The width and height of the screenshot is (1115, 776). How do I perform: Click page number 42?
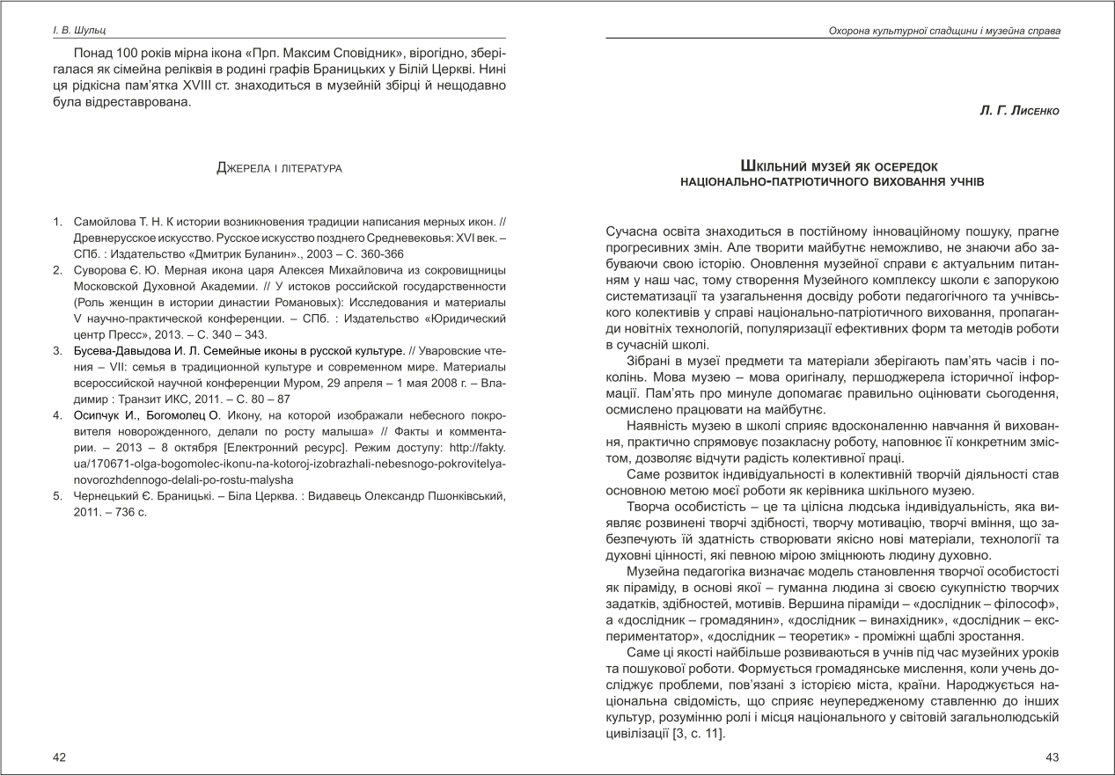pyautogui.click(x=59, y=757)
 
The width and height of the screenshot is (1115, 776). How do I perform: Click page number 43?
pyautogui.click(x=1052, y=757)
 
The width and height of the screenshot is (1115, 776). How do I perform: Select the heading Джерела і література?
pyautogui.click(x=279, y=167)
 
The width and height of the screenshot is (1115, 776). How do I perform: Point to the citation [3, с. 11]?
pyautogui.click(x=694, y=734)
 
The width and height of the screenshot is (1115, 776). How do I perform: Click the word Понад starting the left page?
pyautogui.click(x=95, y=53)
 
